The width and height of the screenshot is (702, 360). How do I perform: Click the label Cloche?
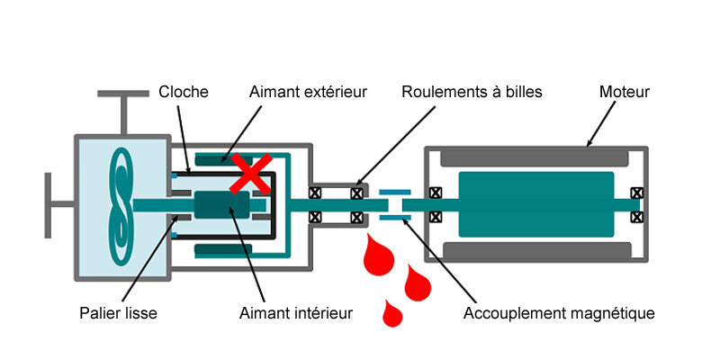184,92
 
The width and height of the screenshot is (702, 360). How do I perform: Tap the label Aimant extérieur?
308,92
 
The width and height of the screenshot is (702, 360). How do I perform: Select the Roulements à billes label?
472,92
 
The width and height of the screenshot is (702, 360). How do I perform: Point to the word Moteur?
624,92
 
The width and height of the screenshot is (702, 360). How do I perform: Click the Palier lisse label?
118,312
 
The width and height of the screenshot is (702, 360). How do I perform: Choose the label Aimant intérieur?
296,312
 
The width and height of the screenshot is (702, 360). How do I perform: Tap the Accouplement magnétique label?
559,313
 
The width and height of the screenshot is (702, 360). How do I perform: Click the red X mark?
251,174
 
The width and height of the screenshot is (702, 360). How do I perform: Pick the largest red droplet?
379,255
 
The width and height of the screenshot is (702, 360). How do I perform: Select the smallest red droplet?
392,313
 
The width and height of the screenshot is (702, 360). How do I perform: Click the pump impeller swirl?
121,206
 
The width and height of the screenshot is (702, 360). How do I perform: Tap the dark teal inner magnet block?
221,205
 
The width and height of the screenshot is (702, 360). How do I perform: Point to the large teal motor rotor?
536,204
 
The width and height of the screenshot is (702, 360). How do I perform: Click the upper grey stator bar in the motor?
535,158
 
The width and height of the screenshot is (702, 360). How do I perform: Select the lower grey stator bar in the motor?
536,251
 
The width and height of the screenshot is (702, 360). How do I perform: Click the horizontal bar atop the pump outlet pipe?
123,94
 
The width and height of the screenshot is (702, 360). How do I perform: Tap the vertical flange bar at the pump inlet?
48,205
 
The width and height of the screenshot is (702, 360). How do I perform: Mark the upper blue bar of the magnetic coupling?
394,192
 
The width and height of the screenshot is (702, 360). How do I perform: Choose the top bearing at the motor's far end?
636,193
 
